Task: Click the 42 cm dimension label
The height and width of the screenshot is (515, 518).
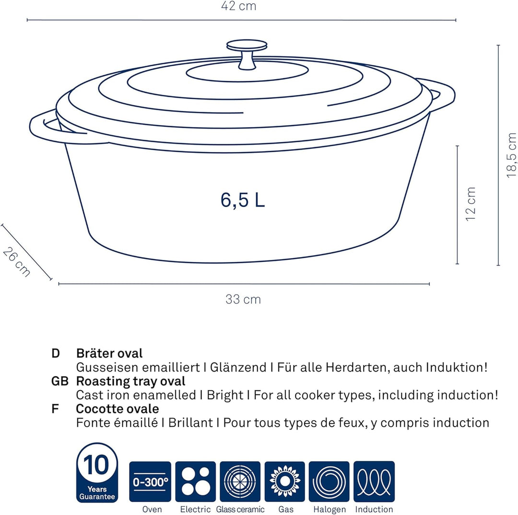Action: click(238, 6)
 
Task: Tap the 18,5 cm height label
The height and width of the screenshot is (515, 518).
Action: click(511, 155)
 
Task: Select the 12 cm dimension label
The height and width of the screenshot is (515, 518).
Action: click(471, 204)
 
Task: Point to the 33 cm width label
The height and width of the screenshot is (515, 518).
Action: click(243, 299)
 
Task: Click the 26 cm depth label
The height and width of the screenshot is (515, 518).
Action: click(16, 262)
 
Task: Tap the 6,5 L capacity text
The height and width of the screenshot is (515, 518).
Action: click(243, 200)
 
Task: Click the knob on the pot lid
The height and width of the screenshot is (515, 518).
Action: click(247, 55)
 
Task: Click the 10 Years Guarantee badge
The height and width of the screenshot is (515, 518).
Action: click(97, 472)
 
